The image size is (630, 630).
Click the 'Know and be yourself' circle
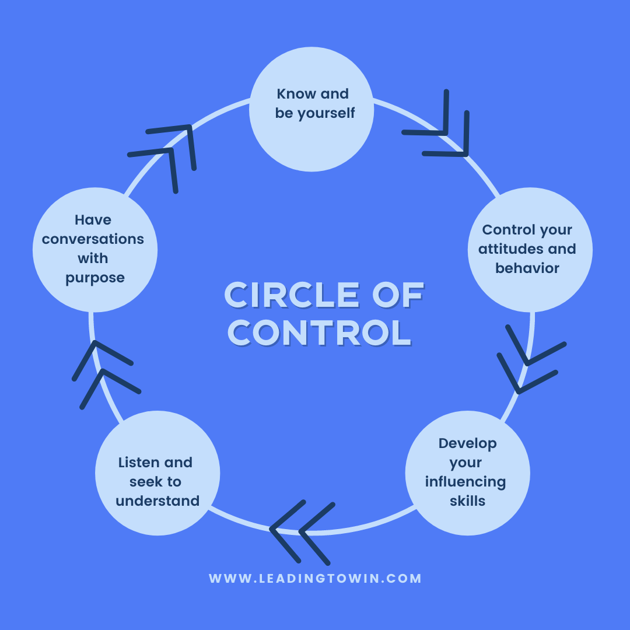pyautogui.click(x=311, y=109)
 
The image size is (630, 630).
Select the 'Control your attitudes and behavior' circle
pyautogui.click(x=530, y=250)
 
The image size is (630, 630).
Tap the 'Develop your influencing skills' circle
pyautogui.click(x=467, y=473)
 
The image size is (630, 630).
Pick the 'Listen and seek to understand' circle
pyautogui.click(x=157, y=473)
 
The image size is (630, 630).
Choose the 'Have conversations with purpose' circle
pyautogui.click(x=95, y=250)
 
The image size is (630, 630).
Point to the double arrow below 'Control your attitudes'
pyautogui.click(x=530, y=360)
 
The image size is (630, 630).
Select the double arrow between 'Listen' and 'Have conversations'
pyautogui.click(x=104, y=373)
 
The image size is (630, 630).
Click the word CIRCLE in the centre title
pyautogui.click(x=292, y=295)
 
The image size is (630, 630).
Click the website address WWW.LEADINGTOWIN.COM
pyautogui.click(x=315, y=579)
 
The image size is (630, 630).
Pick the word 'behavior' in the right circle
pyautogui.click(x=527, y=268)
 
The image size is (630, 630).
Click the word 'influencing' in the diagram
pyautogui.click(x=466, y=482)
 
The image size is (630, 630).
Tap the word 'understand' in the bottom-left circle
pyautogui.click(x=157, y=501)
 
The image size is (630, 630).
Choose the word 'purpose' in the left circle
pyautogui.click(x=95, y=278)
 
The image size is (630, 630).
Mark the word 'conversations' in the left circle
pyautogui.click(x=93, y=239)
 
